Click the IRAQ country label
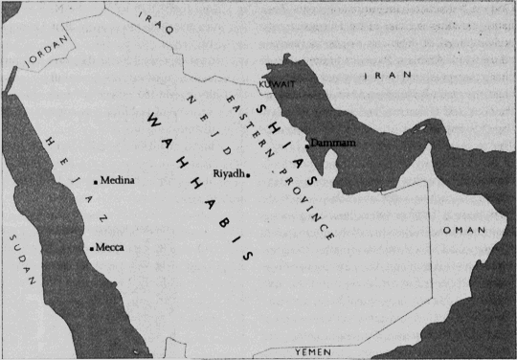[159, 22]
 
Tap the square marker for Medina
[96, 181]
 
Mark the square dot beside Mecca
[91, 248]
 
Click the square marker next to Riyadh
[248, 175]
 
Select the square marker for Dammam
[307, 146]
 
